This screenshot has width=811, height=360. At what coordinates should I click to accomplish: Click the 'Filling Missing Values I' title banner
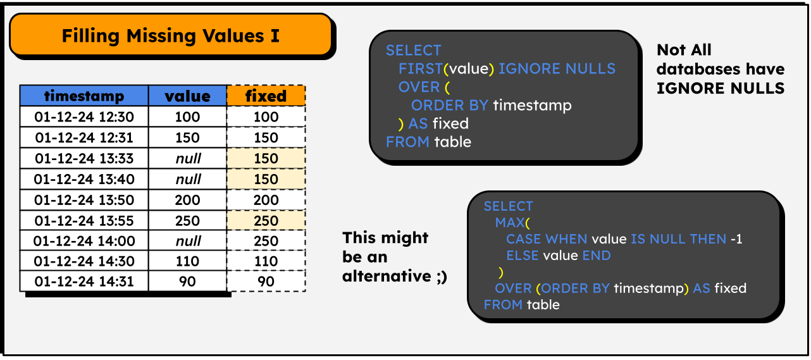click(x=170, y=35)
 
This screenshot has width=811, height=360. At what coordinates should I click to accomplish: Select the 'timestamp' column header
click(x=84, y=96)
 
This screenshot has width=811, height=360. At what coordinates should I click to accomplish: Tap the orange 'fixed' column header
click(x=266, y=96)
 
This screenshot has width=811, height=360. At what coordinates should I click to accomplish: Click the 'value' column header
click(x=187, y=96)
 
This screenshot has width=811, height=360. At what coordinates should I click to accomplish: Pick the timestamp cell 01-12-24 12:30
click(x=84, y=117)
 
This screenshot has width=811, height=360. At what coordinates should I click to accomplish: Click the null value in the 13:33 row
click(x=187, y=158)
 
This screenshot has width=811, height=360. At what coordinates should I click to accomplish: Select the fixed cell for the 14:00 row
click(x=266, y=241)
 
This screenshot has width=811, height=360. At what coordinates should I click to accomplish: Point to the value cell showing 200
click(x=187, y=200)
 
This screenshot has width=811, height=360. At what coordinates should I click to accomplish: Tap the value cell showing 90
click(x=187, y=282)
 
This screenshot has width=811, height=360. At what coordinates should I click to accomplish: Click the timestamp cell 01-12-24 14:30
click(x=84, y=261)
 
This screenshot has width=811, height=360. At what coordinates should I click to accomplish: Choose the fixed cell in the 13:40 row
click(x=266, y=179)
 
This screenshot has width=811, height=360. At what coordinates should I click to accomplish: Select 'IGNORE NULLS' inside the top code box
click(x=557, y=68)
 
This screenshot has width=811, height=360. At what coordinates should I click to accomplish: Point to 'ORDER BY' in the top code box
click(x=449, y=105)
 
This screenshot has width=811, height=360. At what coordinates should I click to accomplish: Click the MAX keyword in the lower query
click(x=510, y=223)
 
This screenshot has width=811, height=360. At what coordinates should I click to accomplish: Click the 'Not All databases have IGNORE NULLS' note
click(x=720, y=69)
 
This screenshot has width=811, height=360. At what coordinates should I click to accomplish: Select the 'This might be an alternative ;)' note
click(x=394, y=257)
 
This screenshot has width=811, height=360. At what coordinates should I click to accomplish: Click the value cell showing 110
click(x=187, y=261)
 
